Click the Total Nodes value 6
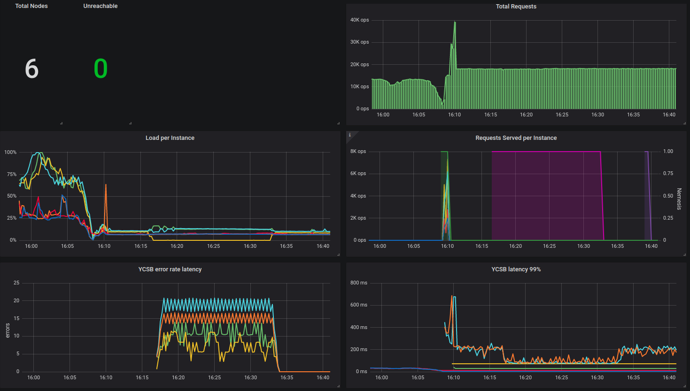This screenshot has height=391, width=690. (x=31, y=69)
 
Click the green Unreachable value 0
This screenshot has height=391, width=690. (x=101, y=69)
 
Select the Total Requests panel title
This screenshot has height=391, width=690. (x=516, y=7)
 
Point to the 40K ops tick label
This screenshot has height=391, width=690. (x=359, y=20)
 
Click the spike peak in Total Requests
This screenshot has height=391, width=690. (x=455, y=22)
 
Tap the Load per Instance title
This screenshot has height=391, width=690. (x=170, y=138)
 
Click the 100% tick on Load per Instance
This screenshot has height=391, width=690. (x=10, y=153)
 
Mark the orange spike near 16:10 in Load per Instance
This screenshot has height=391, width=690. (x=106, y=185)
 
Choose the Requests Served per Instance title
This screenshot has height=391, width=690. (x=516, y=138)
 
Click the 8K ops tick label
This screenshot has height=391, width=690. (x=358, y=152)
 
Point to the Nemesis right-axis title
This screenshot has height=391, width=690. (x=679, y=199)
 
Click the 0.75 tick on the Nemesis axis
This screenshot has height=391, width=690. (x=668, y=174)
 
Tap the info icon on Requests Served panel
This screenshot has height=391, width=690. (x=349, y=135)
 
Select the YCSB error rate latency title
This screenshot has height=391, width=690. (x=170, y=269)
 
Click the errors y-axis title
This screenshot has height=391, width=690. (x=8, y=330)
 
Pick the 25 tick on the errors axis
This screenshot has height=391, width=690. (x=16, y=283)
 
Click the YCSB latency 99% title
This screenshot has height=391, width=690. (x=516, y=269)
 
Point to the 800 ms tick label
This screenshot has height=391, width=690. (x=358, y=283)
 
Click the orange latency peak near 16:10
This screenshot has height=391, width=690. (x=452, y=296)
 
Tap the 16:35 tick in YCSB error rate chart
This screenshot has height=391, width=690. (x=287, y=377)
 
